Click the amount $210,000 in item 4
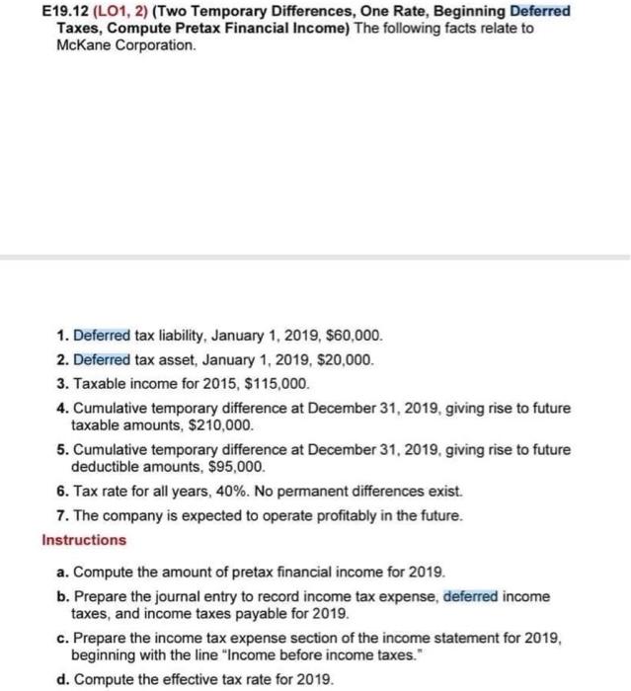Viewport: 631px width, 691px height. (x=225, y=424)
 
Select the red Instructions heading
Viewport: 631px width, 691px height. (x=84, y=540)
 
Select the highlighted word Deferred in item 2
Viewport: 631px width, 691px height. (x=102, y=360)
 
